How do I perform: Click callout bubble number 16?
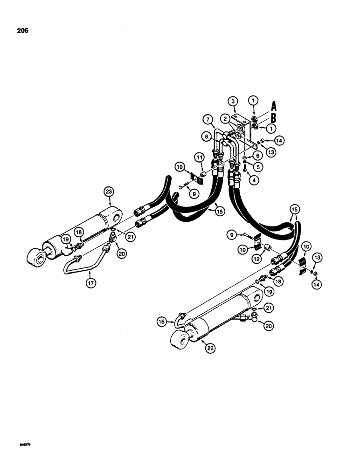pyautogui.click(x=161, y=321)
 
